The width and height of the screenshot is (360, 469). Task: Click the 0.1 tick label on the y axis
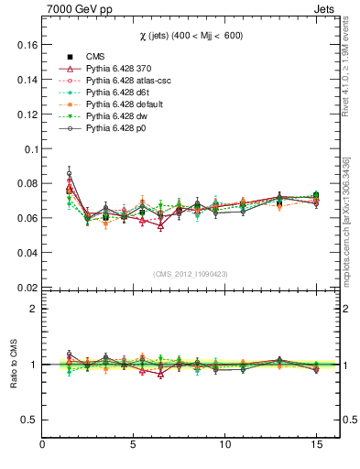28,148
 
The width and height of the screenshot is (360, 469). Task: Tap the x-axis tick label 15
316,445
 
